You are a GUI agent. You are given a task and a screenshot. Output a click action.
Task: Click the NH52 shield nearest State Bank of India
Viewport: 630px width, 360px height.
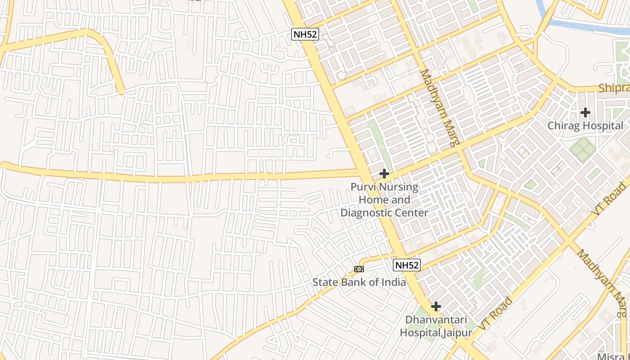pyautogui.click(x=407, y=265)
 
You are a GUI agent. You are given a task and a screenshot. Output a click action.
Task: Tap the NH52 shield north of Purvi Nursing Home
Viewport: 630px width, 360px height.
pyautogui.click(x=305, y=35)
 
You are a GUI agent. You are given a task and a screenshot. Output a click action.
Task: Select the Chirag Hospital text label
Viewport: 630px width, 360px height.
pyautogui.click(x=585, y=126)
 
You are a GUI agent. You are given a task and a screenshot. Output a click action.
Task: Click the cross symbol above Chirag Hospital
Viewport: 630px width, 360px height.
pyautogui.click(x=585, y=112)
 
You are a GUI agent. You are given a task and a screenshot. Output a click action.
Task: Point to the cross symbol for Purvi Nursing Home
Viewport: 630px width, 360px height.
pyautogui.click(x=384, y=173)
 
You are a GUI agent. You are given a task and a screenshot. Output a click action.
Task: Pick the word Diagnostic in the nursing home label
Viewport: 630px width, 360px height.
pyautogui.click(x=365, y=212)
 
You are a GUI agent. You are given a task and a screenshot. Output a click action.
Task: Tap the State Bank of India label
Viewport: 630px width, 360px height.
pyautogui.click(x=359, y=283)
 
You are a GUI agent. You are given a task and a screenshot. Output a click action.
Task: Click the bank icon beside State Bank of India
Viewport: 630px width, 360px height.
pyautogui.click(x=359, y=269)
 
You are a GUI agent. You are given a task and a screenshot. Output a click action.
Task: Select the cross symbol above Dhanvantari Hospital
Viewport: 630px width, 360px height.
pyautogui.click(x=436, y=306)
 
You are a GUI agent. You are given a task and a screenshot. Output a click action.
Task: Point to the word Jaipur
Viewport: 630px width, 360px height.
pyautogui.click(x=457, y=333)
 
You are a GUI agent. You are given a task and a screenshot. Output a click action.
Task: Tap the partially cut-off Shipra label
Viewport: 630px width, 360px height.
pyautogui.click(x=614, y=89)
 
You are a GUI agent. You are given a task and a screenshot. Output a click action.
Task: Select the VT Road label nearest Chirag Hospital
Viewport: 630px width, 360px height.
pyautogui.click(x=610, y=198)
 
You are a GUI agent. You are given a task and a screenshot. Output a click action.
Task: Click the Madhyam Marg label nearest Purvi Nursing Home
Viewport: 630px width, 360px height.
pyautogui.click(x=440, y=108)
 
